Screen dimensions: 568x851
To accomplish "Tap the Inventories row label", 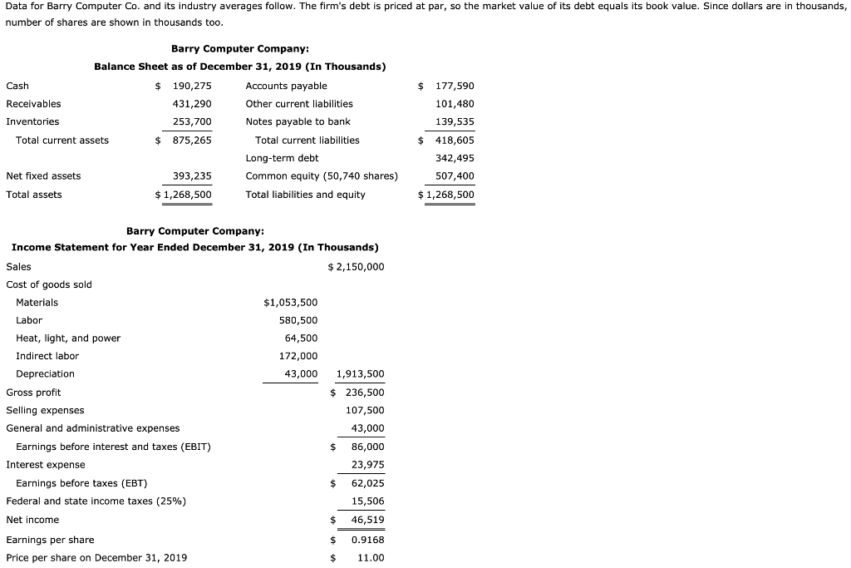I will (32, 121).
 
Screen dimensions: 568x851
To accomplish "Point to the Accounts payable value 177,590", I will (455, 86).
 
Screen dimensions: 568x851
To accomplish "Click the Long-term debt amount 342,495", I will (455, 158).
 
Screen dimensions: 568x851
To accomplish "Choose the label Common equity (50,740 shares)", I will (322, 175).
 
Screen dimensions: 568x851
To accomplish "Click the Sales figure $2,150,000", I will (357, 266).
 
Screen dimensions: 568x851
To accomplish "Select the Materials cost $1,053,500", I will (290, 302).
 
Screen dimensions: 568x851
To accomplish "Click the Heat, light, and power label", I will (68, 338).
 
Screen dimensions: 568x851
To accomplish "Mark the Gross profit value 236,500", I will (365, 393).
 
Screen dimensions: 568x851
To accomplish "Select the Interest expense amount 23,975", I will (367, 465).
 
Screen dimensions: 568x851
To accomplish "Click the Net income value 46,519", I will (367, 520).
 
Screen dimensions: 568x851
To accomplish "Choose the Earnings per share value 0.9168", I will (367, 540).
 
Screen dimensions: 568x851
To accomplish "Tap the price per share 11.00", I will (371, 558).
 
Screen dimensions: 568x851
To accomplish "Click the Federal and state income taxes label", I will (96, 501).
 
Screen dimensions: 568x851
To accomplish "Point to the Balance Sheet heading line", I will (239, 67).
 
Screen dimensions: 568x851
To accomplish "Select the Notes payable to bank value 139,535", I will (455, 121).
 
